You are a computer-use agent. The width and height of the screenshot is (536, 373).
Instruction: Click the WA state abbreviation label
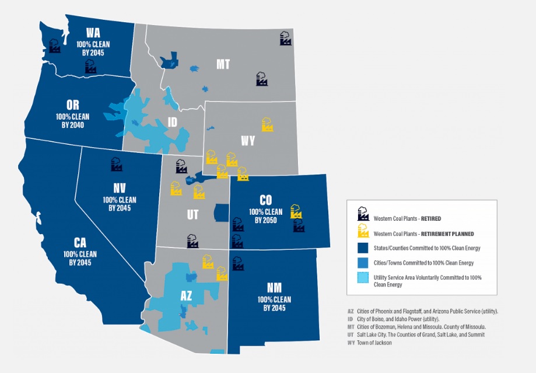[x=92, y=32]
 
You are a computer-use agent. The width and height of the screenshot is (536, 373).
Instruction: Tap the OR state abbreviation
[x=72, y=105]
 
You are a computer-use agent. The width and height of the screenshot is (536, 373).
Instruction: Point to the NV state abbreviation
[x=120, y=188]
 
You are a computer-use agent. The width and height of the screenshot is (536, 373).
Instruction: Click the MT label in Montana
[x=223, y=64]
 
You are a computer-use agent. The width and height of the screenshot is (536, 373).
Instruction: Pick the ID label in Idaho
[x=173, y=122]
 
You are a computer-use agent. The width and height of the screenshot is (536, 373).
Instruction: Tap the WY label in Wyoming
[x=248, y=141]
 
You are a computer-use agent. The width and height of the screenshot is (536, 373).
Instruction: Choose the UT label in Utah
[x=192, y=215]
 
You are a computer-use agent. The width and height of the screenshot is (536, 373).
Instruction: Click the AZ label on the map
[x=186, y=296]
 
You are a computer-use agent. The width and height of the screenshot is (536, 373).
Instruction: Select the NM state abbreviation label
[x=274, y=288]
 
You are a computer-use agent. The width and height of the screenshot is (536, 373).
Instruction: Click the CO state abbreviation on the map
[x=265, y=200]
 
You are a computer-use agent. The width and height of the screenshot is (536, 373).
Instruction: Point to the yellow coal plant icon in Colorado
[x=296, y=211]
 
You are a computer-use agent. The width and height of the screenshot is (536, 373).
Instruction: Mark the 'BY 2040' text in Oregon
[x=72, y=124]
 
